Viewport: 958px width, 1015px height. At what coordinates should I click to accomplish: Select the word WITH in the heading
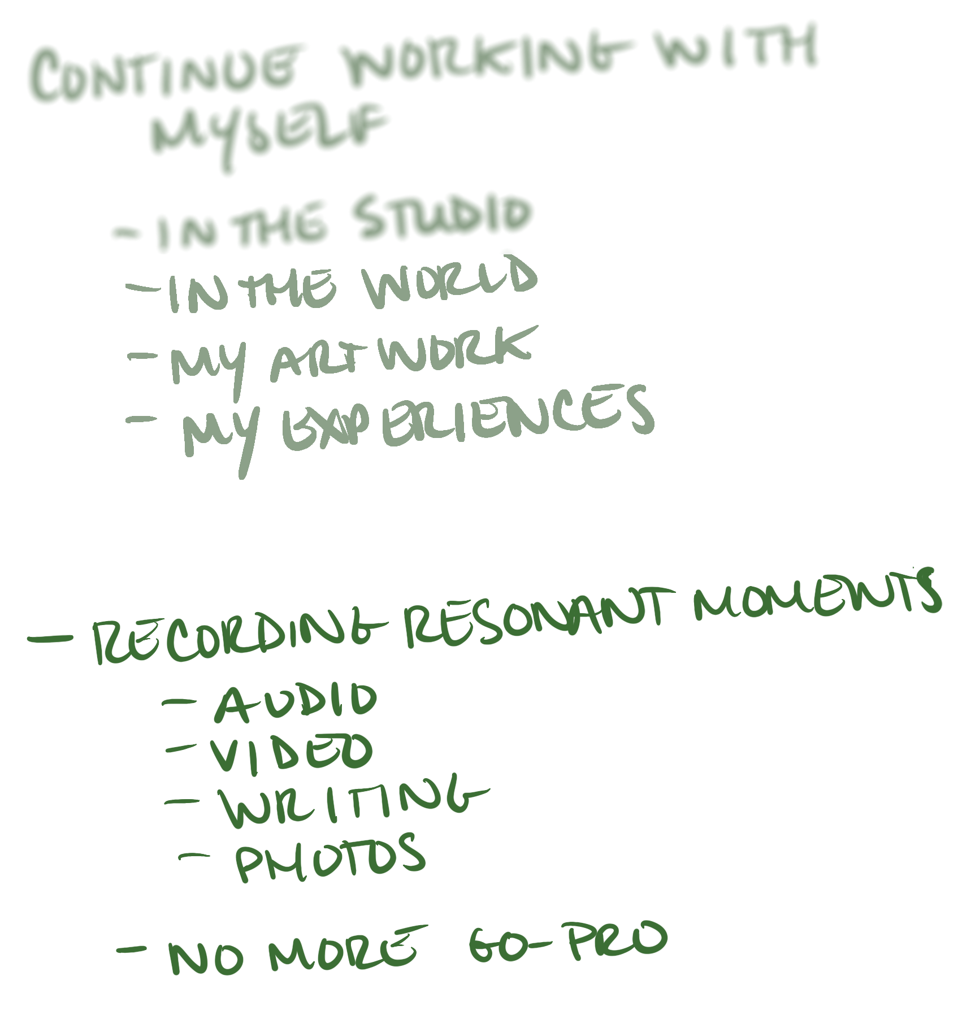[x=735, y=54]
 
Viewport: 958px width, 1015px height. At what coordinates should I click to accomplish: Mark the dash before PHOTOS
[x=201, y=858]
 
